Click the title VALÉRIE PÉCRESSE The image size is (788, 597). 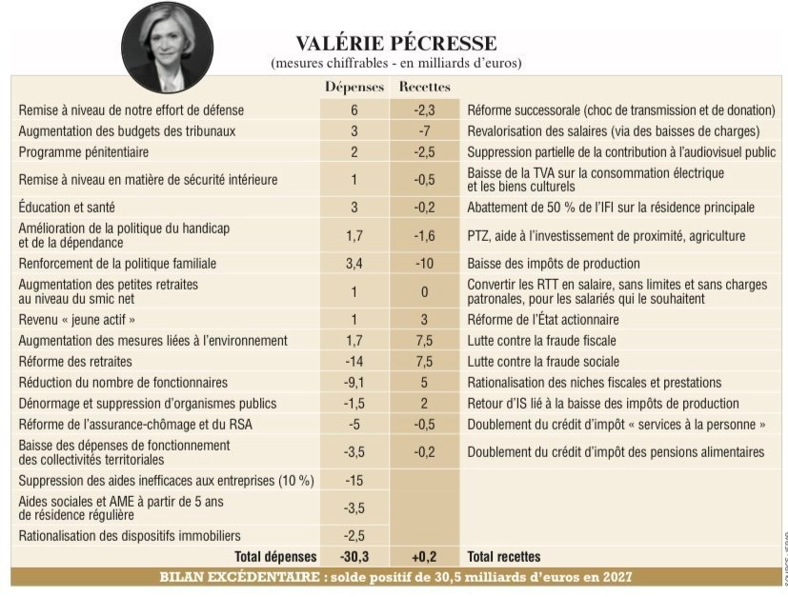[x=395, y=43]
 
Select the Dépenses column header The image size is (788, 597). [x=354, y=87]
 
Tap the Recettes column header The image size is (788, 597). [x=424, y=87]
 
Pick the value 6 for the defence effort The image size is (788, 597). [x=354, y=110]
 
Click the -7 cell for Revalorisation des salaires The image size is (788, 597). [x=424, y=131]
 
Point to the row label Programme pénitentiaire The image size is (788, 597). [x=84, y=152]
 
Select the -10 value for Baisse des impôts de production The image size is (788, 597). [x=424, y=263]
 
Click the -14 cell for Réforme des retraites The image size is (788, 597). [x=354, y=362]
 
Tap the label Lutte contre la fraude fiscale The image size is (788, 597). [x=543, y=341]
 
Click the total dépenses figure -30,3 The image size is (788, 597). [x=354, y=556]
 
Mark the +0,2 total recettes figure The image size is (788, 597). [x=424, y=556]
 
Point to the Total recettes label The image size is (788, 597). [x=503, y=556]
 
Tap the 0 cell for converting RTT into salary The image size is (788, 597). [x=424, y=291]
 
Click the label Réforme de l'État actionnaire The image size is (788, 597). [x=542, y=320]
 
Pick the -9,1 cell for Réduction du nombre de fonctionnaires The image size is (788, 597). [x=354, y=383]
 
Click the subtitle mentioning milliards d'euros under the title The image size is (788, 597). [x=395, y=63]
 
